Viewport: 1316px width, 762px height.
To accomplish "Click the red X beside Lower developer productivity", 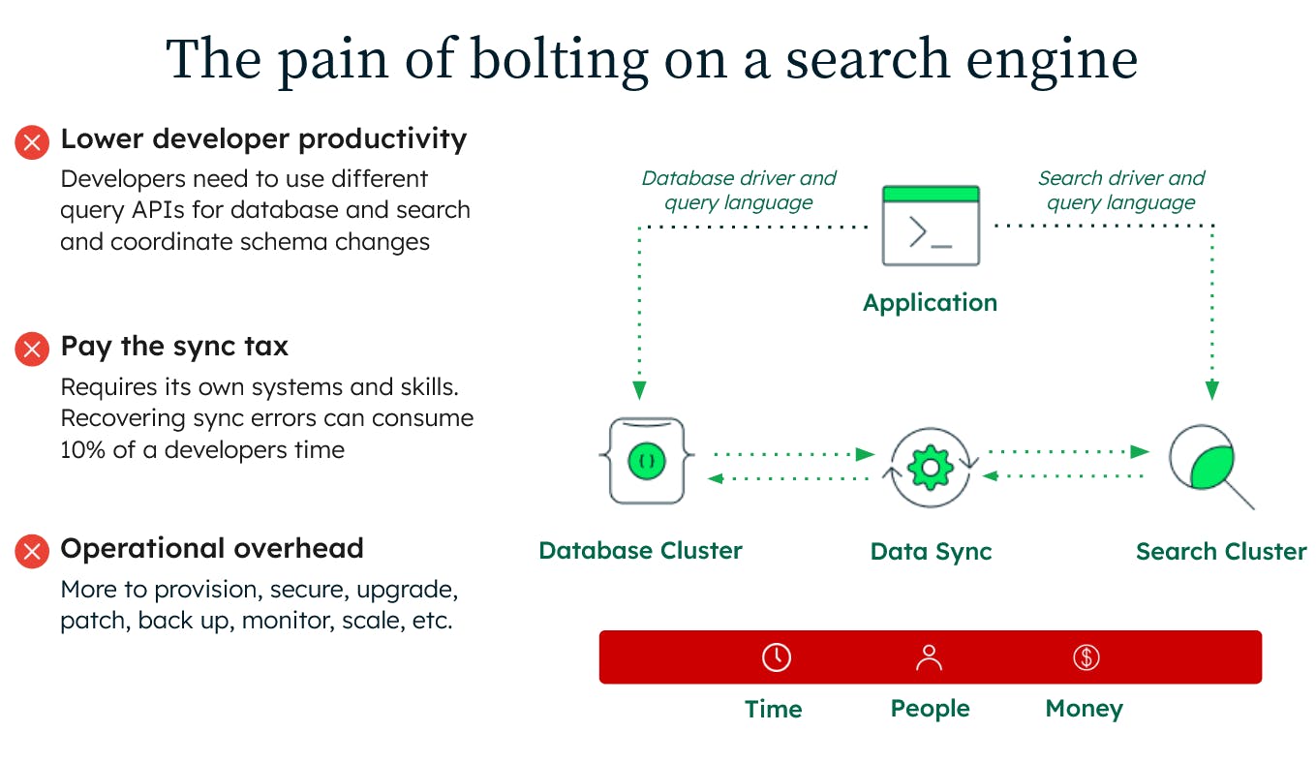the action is (32, 142).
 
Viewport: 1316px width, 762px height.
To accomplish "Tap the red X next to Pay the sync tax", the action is (32, 349).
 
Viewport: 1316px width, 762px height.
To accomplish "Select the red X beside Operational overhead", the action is (32, 551).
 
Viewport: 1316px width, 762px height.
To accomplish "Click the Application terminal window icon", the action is (931, 226).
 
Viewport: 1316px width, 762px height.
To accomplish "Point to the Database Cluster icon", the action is (646, 461).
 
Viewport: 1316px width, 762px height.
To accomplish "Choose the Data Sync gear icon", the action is (930, 468).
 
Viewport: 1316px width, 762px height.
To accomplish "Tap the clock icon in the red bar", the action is (776, 656).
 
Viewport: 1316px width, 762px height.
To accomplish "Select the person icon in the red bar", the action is (929, 657).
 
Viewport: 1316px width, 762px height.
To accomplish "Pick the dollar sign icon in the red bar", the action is (1086, 657).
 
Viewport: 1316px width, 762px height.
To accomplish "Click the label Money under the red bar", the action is (1084, 709).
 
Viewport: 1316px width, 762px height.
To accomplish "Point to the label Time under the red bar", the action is (773, 709).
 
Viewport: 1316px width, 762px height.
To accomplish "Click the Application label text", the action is (930, 303).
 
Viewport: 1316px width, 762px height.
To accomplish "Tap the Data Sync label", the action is (931, 552).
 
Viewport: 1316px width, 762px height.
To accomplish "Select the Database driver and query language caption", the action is (739, 190).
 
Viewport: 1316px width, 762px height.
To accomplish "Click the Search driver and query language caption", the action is (1121, 190).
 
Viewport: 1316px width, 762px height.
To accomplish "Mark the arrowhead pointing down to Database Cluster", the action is (639, 390).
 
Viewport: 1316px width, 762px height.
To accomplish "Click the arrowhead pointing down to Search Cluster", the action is (1212, 390).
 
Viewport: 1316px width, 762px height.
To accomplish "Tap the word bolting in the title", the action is (560, 59).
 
